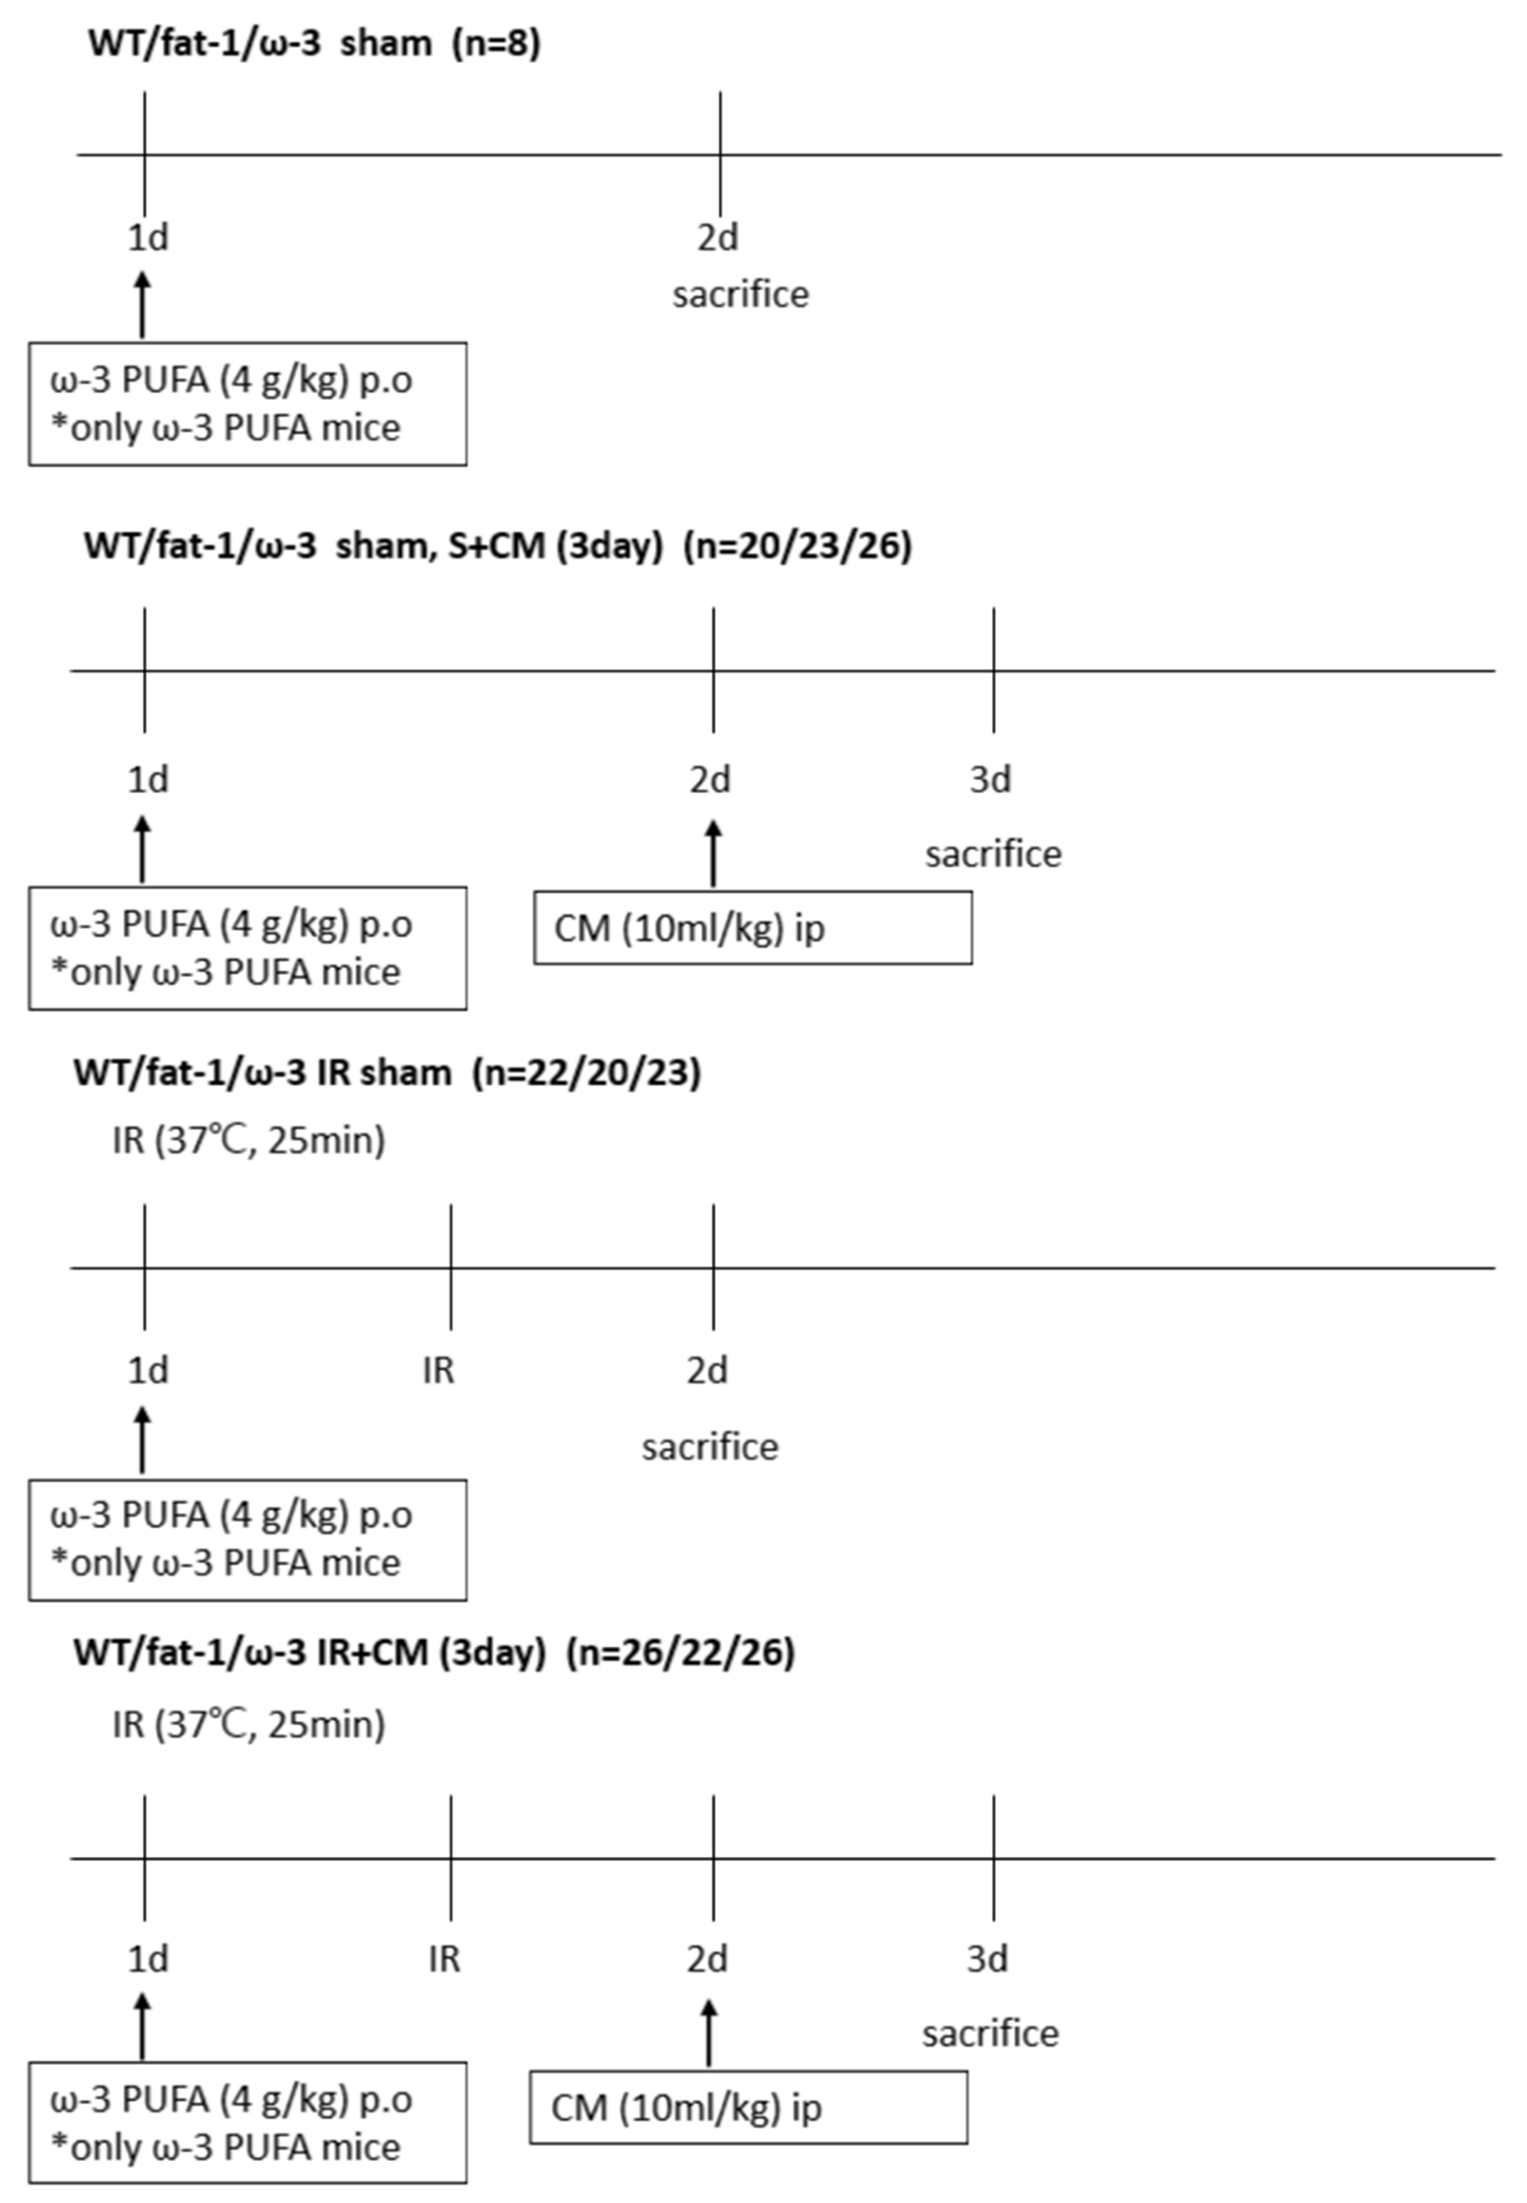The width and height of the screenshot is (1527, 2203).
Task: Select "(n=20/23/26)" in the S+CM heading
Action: pos(797,545)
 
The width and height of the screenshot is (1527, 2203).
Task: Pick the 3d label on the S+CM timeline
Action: pos(990,780)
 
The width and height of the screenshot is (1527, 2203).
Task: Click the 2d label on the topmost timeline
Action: pos(717,237)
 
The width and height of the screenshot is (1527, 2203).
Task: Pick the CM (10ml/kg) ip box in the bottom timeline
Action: pos(748,2107)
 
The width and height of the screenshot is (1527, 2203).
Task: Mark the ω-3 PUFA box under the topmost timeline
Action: pos(248,404)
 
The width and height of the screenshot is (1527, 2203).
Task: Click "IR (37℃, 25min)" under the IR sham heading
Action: pos(249,1140)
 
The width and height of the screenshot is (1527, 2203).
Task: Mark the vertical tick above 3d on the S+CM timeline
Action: pos(993,670)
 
